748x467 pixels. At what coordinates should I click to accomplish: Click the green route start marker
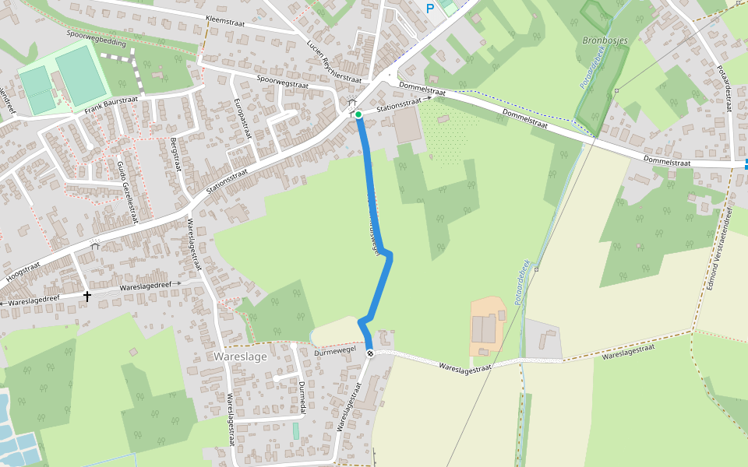[358, 115]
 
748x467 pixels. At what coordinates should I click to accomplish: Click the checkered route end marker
[370, 353]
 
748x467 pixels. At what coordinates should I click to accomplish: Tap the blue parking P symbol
[429, 9]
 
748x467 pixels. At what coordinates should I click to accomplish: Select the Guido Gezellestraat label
[127, 190]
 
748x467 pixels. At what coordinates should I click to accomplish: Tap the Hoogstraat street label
[23, 272]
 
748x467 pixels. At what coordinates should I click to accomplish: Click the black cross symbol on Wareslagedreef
[87, 296]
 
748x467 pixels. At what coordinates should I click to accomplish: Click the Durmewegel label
[334, 352]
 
